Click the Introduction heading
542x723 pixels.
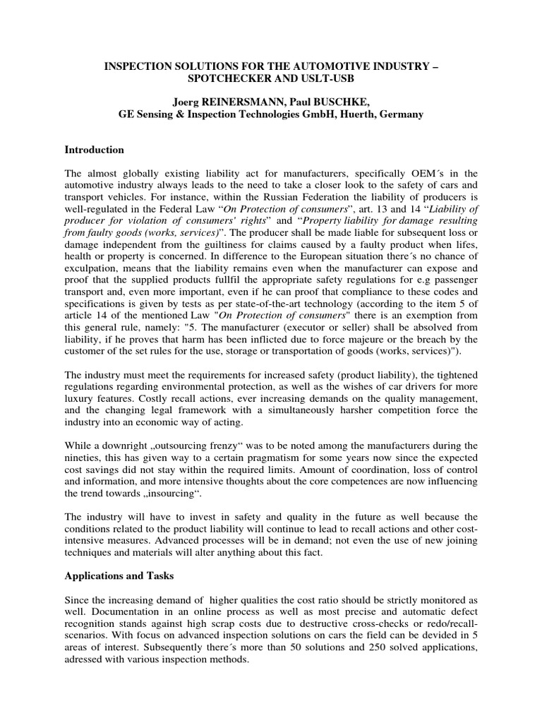tap(95, 150)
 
